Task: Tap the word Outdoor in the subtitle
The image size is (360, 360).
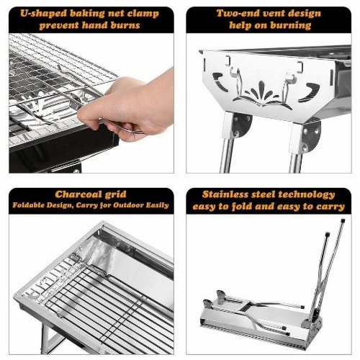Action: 127,205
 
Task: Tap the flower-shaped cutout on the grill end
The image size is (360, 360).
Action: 262,94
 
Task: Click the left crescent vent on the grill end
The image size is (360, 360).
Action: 220,81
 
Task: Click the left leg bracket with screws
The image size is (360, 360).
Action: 242,125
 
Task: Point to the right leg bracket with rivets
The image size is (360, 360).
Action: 311,136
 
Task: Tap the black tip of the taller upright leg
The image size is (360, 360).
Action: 343,220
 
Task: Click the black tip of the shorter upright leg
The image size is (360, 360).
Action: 328,234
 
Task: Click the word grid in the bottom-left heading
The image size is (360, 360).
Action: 114,194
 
